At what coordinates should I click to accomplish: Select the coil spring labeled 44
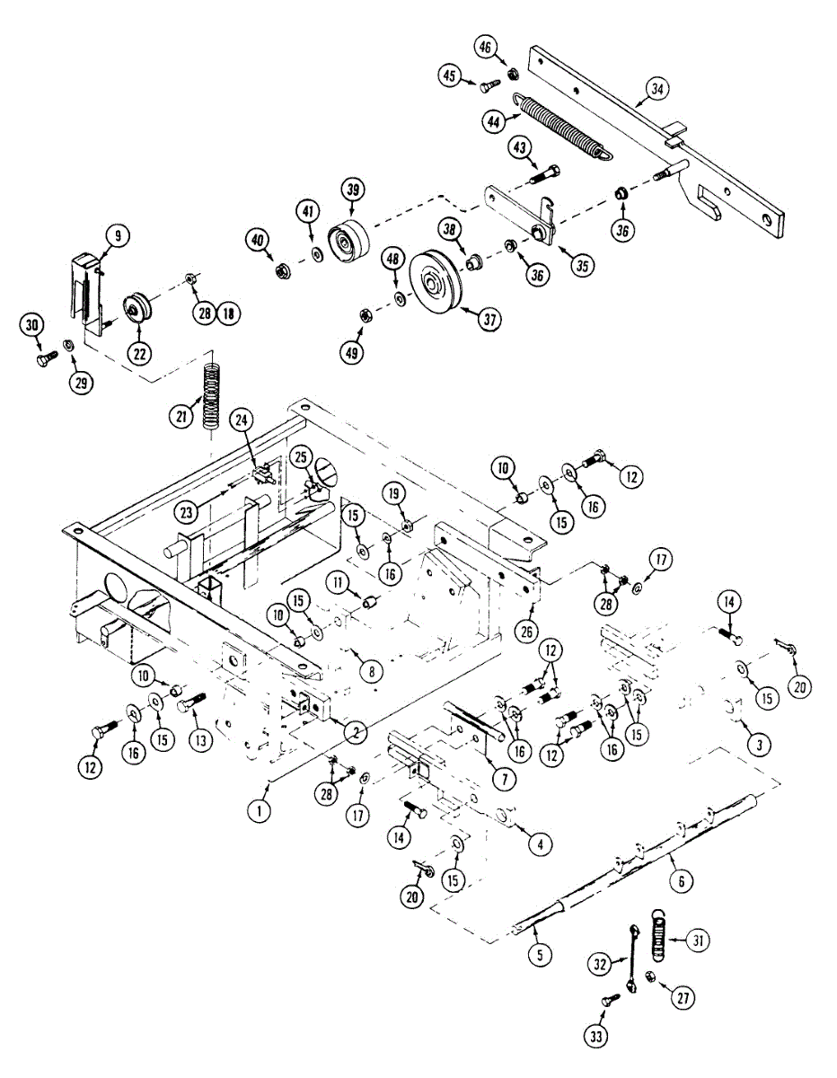click(563, 128)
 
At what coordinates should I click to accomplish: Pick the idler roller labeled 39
click(347, 240)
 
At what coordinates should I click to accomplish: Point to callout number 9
click(118, 236)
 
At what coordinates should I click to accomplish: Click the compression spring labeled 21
click(212, 392)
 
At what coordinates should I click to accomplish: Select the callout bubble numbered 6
click(681, 883)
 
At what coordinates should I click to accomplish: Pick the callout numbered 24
click(241, 419)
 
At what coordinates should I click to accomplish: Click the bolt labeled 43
click(545, 173)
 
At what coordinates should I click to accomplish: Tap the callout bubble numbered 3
click(759, 745)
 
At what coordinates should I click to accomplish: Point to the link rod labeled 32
click(634, 959)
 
